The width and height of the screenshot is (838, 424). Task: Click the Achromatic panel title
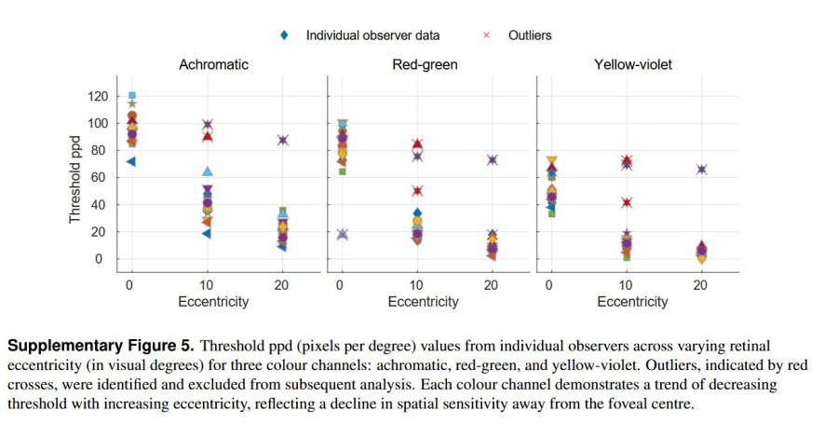213,64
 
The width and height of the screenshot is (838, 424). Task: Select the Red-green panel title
424,64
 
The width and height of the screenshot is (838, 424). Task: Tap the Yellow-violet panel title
632,64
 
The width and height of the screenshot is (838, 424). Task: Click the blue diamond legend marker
285,35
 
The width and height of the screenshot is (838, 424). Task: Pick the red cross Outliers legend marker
486,35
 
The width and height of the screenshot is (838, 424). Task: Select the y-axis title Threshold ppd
75,177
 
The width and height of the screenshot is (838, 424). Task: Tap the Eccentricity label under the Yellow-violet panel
632,302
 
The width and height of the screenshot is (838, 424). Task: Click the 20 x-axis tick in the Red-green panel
493,284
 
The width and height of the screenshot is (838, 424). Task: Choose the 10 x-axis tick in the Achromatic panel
207,284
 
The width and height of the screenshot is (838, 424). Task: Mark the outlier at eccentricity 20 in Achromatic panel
282,140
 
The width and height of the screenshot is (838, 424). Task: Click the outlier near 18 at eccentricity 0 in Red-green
342,234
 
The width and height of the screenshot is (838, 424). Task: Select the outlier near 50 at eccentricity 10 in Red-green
417,191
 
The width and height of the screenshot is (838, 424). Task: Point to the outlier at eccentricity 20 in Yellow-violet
701,170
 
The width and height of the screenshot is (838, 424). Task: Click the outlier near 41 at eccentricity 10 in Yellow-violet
626,202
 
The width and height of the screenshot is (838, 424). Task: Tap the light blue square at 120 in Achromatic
132,96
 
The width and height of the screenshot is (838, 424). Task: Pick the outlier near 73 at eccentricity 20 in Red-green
493,159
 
